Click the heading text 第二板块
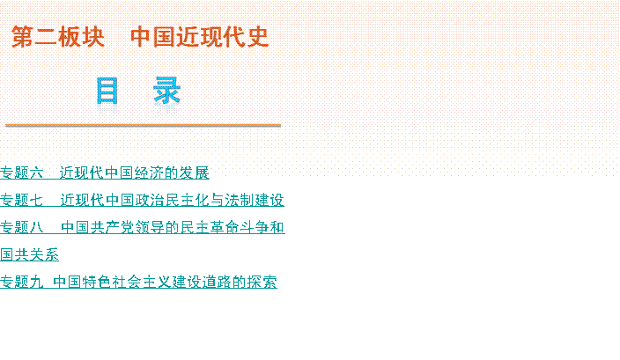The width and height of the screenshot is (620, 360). pyautogui.click(x=58, y=37)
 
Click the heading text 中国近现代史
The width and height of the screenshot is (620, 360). pyautogui.click(x=200, y=37)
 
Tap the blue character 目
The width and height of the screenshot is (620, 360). pyautogui.click(x=107, y=91)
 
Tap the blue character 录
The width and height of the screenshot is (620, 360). pyautogui.click(x=166, y=91)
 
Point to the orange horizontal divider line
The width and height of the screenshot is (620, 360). pyautogui.click(x=144, y=125)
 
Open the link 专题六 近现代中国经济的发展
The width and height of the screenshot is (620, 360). pyautogui.click(x=105, y=173)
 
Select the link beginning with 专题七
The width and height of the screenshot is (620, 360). pyautogui.click(x=142, y=200)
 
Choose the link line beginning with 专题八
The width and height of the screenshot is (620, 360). pyautogui.click(x=143, y=227)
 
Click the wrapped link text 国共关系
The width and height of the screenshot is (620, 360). pyautogui.click(x=29, y=254)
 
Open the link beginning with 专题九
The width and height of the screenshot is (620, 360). pyautogui.click(x=138, y=282)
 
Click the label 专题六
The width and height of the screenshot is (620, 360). pyautogui.click(x=21, y=173)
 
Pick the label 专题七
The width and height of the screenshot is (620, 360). pyautogui.click(x=21, y=200)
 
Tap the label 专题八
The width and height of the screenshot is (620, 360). pyautogui.click(x=21, y=227)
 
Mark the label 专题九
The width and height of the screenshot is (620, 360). pyautogui.click(x=21, y=282)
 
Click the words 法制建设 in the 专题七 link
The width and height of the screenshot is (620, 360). pyautogui.click(x=255, y=200)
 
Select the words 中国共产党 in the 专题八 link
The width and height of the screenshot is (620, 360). pyautogui.click(x=98, y=227)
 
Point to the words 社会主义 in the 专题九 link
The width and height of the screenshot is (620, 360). pyautogui.click(x=142, y=282)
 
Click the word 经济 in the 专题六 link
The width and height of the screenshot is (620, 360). pyautogui.click(x=150, y=173)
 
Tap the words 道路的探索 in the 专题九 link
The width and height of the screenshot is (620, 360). pyautogui.click(x=240, y=282)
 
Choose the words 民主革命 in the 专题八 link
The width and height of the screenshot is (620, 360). pyautogui.click(x=210, y=227)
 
